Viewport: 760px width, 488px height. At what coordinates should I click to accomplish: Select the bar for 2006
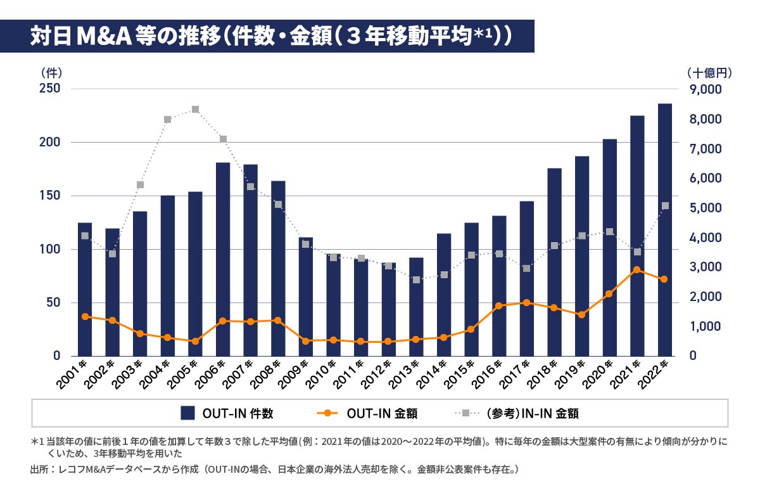(x=222, y=259)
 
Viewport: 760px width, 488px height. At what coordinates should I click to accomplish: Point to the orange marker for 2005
(x=195, y=342)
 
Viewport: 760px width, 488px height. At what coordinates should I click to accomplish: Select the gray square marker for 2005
(x=195, y=110)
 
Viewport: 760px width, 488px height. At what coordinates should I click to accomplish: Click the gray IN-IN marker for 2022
(x=665, y=205)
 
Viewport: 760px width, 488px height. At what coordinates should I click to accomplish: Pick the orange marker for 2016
(x=499, y=305)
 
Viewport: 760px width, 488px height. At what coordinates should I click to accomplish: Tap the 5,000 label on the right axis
(x=706, y=208)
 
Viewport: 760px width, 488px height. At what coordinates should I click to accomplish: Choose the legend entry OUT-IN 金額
(x=367, y=414)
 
